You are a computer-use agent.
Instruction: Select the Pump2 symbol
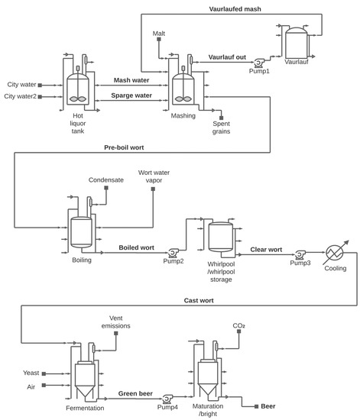[x=174, y=253]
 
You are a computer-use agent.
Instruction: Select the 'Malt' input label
[x=159, y=34]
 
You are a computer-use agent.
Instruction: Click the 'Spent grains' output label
[x=221, y=126]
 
